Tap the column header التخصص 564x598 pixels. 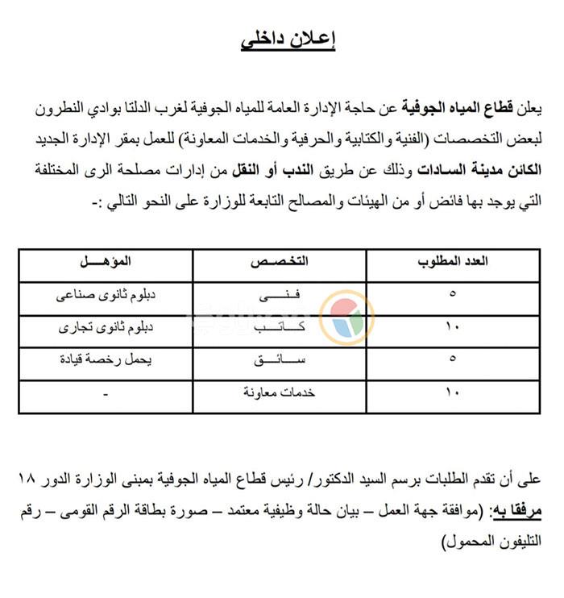click(280, 264)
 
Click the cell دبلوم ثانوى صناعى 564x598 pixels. click(106, 296)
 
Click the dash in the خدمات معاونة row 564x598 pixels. click(106, 394)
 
